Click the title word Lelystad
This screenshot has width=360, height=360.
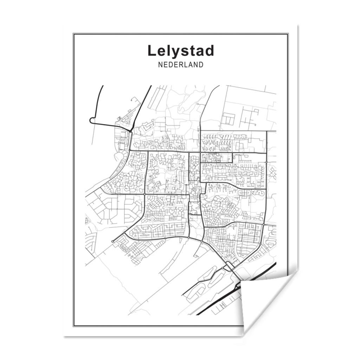tap(181, 51)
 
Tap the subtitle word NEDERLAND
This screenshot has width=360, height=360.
tap(181, 65)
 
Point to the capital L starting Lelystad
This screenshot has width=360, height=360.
tap(151, 51)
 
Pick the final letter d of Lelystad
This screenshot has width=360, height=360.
tap(210, 51)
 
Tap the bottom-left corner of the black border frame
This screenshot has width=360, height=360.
tap(73, 326)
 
